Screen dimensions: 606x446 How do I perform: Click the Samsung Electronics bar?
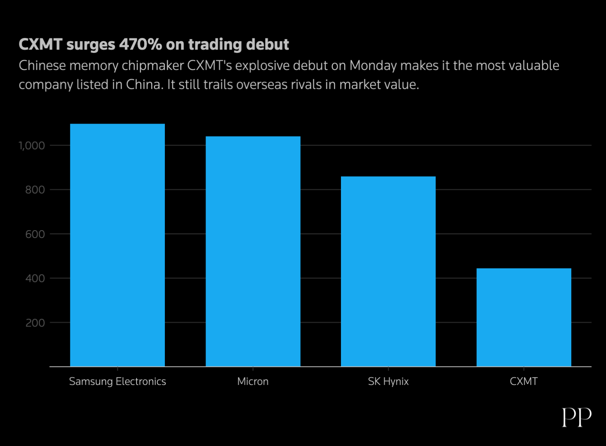(118, 245)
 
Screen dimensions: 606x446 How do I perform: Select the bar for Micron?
(253, 251)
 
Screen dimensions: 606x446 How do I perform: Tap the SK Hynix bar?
(388, 271)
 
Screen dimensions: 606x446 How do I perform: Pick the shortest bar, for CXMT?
(524, 317)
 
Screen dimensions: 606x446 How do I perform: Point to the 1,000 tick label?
(32, 146)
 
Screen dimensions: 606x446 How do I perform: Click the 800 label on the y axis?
(35, 190)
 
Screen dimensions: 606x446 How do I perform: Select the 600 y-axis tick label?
(35, 234)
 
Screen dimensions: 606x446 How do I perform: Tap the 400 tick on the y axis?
(35, 278)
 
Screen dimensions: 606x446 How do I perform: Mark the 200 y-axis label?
(35, 323)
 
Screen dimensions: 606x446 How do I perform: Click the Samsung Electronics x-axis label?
(118, 382)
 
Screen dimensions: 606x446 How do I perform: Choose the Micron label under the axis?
(253, 381)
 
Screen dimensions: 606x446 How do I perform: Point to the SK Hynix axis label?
(388, 382)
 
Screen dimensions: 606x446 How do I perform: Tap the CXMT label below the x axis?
(524, 381)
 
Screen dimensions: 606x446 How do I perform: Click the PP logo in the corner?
(577, 417)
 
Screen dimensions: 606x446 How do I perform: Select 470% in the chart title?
(141, 44)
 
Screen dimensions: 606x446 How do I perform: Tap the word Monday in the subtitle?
(373, 66)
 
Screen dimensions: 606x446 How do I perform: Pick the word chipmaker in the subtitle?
(153, 66)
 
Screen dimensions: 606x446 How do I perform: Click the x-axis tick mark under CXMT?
(524, 369)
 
